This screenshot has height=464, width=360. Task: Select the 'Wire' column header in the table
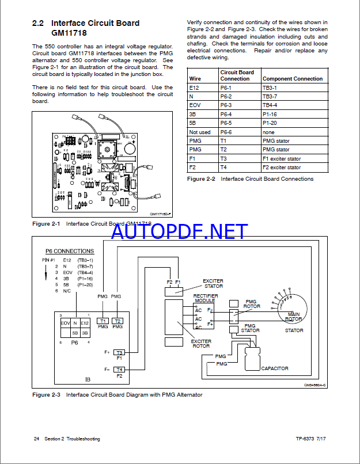pos(195,78)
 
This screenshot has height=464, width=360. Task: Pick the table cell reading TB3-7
pos(270,96)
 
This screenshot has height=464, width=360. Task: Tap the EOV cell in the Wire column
pos(195,105)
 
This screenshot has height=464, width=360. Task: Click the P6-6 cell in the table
pos(228,132)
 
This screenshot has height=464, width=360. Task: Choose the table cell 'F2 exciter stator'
pos(282,168)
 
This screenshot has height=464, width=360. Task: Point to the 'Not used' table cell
pos(200,132)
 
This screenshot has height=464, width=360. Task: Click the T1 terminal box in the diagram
pos(103,321)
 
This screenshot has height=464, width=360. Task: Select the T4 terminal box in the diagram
pos(120,369)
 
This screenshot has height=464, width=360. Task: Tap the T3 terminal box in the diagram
pos(120,352)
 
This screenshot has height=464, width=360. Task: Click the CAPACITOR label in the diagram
pos(274,368)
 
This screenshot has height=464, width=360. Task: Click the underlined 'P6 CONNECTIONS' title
pos(70,251)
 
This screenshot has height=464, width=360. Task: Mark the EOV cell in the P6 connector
pos(65,324)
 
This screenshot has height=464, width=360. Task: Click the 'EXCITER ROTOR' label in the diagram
pos(201,344)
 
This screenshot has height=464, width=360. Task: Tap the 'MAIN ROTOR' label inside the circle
pos(294,316)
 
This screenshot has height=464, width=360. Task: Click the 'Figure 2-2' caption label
pos(201,179)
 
